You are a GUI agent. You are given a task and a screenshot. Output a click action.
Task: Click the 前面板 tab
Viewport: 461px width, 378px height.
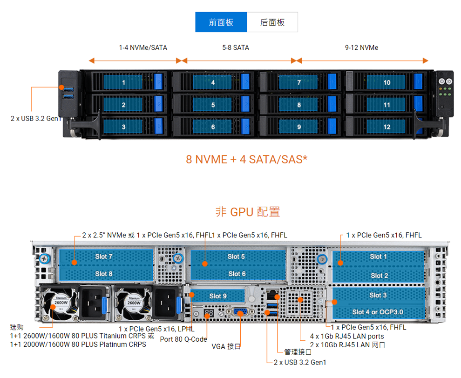point(221,22)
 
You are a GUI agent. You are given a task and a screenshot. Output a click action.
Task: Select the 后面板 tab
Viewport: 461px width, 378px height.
point(272,22)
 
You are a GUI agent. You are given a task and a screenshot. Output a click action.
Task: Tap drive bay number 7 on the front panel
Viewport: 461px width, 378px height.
point(299,82)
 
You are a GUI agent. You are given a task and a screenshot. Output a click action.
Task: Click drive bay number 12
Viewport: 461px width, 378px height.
point(386,127)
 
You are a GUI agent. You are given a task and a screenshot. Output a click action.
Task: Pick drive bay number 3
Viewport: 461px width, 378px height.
point(123,127)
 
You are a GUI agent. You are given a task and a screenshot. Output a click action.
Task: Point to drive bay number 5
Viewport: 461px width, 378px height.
point(213,105)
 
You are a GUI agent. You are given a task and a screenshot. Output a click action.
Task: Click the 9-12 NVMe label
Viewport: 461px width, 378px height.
point(361,47)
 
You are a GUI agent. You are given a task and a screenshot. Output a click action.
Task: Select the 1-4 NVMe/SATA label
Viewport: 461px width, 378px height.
point(143,47)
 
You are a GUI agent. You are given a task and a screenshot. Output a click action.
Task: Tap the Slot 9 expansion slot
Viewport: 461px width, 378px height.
point(218,296)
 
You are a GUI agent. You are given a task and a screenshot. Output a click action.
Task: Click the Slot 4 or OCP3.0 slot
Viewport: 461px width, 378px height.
point(378,312)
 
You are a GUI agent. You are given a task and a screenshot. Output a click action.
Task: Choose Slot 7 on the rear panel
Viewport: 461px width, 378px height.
point(104,256)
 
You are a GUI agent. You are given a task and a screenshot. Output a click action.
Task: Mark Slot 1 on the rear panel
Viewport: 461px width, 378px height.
point(378,256)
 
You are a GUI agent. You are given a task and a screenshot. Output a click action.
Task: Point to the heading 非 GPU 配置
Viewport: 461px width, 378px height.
point(247,212)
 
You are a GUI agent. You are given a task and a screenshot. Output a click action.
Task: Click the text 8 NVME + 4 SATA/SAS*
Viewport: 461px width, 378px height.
point(246,159)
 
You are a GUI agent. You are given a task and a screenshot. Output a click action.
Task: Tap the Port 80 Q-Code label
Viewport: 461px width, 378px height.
point(183,339)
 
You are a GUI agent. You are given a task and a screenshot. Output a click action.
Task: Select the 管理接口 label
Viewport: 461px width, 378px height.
point(298,352)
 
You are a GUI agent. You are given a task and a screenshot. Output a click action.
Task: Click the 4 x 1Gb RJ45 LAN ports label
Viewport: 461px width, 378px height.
point(347,336)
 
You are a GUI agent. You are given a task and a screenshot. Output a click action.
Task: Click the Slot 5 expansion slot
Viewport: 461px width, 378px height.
point(236,256)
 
